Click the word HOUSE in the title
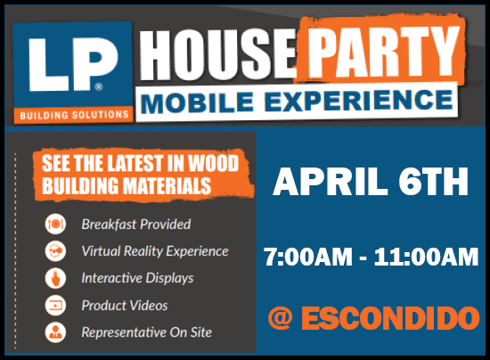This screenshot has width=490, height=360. tap(217, 55)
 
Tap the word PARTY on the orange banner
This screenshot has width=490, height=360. tap(383, 52)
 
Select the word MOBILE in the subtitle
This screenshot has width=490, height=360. tap(197, 102)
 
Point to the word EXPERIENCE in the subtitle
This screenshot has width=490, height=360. tap(359, 100)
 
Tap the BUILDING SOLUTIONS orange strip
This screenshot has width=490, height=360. tap(74, 115)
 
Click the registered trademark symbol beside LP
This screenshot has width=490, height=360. tap(99, 86)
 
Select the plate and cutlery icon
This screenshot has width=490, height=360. tap(55, 224)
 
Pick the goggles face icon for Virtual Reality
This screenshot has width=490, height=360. tap(55, 251)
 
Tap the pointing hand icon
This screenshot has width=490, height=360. tap(55, 278)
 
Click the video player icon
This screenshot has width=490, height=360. tap(55, 305)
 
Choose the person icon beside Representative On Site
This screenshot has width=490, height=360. tap(55, 331)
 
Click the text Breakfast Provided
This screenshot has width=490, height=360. tap(136, 224)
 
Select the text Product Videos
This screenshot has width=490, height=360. tap(125, 306)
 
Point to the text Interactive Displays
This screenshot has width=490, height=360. tap(137, 278)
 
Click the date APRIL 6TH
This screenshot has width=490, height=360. tap(371, 182)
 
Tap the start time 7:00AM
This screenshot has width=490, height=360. tap(308, 257)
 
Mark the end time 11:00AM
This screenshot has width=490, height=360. tap(426, 257)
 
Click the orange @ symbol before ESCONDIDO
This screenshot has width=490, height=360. tap(281, 318)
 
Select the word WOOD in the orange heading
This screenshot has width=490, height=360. tap(213, 163)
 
